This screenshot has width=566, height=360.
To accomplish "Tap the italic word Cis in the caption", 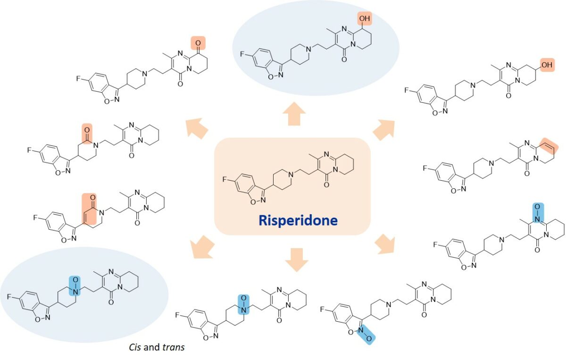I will pyautogui.click(x=136, y=347).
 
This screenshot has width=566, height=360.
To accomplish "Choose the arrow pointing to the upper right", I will pyautogui.click(x=383, y=129).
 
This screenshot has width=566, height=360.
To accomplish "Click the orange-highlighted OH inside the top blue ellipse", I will pyautogui.click(x=365, y=19).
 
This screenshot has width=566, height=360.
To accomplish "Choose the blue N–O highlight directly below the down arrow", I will pyautogui.click(x=242, y=304).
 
